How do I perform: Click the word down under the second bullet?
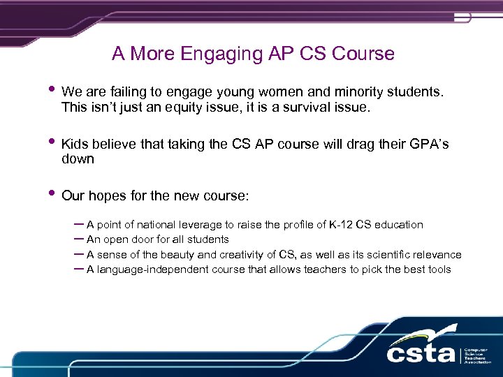[x=78, y=159]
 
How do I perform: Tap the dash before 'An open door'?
[x=78, y=239]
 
